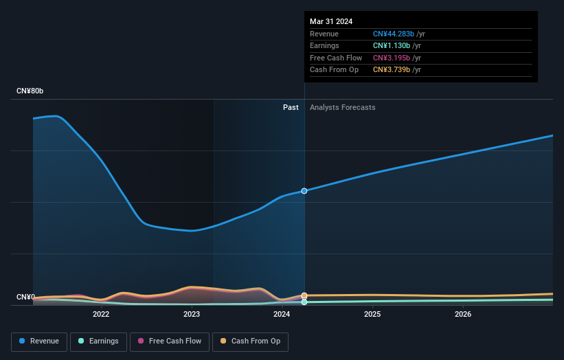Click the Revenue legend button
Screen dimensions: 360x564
39,341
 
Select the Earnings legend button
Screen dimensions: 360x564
98,341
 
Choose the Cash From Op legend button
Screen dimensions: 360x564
251,341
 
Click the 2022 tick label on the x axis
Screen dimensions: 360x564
101,315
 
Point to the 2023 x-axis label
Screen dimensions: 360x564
192,315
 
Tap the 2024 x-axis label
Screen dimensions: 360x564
282,315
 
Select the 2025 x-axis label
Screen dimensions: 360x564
372,315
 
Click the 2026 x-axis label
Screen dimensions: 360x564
463,315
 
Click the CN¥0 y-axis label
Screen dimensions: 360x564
26,297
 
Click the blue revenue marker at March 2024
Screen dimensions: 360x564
304,191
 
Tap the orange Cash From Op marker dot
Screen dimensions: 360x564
304,295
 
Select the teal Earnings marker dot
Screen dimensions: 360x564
304,302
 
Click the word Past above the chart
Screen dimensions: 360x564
291,107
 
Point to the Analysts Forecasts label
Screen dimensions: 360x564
343,107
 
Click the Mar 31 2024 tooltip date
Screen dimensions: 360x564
331,21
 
